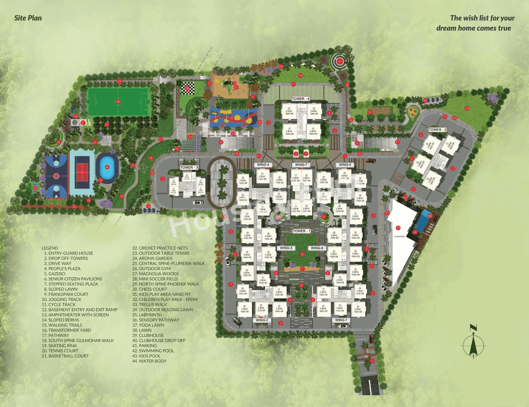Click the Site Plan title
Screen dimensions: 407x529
[28, 18]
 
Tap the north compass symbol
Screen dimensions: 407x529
[474, 342]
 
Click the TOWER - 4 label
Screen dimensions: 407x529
[300, 99]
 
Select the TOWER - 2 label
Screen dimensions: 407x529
[437, 129]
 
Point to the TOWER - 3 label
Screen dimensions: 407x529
[189, 167]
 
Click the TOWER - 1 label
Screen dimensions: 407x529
[301, 231]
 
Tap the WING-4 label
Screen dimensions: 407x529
[263, 165]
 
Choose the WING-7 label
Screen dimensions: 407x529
[301, 165]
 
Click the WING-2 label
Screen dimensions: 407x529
[262, 320]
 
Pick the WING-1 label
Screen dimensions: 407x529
[341, 320]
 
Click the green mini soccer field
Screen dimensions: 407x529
[118, 101]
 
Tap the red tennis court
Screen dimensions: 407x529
[82, 172]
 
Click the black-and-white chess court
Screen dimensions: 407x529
[188, 88]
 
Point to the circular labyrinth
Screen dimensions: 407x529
[340, 62]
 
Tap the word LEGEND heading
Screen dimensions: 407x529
[50, 248]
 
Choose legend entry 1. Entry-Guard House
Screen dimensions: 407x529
[68, 253]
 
